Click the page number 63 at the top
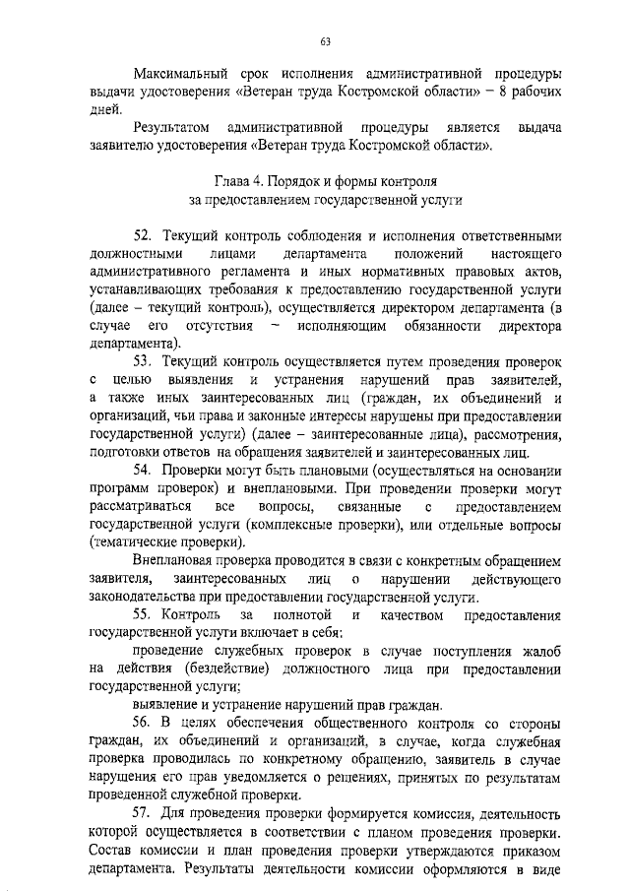pyautogui.click(x=324, y=41)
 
